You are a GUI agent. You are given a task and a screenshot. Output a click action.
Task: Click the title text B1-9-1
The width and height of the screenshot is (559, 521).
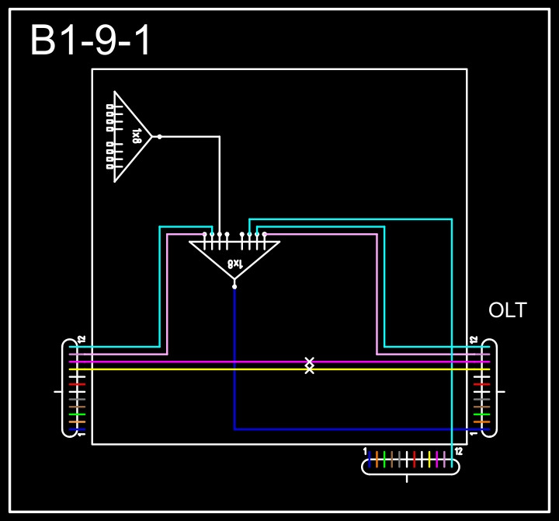click(x=91, y=41)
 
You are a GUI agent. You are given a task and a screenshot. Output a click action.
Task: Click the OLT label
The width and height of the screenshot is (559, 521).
click(x=507, y=311)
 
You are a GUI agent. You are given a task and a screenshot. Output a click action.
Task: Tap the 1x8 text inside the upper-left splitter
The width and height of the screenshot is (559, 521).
click(x=137, y=136)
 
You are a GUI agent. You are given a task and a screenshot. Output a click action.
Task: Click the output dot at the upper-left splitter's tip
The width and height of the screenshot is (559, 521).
click(x=159, y=137)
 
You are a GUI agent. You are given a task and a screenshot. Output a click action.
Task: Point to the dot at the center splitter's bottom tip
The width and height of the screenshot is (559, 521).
click(x=234, y=286)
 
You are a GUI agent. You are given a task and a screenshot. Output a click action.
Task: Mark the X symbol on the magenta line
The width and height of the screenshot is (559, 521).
click(x=309, y=362)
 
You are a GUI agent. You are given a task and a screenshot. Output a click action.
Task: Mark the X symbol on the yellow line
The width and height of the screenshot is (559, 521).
click(x=309, y=369)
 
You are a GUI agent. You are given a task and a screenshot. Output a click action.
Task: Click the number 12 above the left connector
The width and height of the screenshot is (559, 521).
click(x=82, y=340)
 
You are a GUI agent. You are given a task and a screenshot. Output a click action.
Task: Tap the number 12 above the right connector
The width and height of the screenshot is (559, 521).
click(x=473, y=340)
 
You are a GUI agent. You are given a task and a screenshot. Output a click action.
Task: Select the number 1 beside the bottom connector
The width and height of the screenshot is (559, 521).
click(x=365, y=451)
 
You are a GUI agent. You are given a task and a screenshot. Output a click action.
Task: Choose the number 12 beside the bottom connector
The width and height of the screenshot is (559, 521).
click(x=459, y=451)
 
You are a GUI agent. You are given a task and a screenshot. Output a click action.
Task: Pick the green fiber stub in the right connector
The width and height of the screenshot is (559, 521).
click(x=481, y=414)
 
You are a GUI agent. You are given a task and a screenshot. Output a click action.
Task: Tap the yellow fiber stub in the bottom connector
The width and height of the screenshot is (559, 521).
click(x=429, y=459)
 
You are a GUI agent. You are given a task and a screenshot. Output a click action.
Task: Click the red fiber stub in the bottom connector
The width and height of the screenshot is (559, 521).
click(x=415, y=459)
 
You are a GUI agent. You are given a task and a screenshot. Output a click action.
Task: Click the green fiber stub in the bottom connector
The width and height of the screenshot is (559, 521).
click(x=384, y=459)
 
